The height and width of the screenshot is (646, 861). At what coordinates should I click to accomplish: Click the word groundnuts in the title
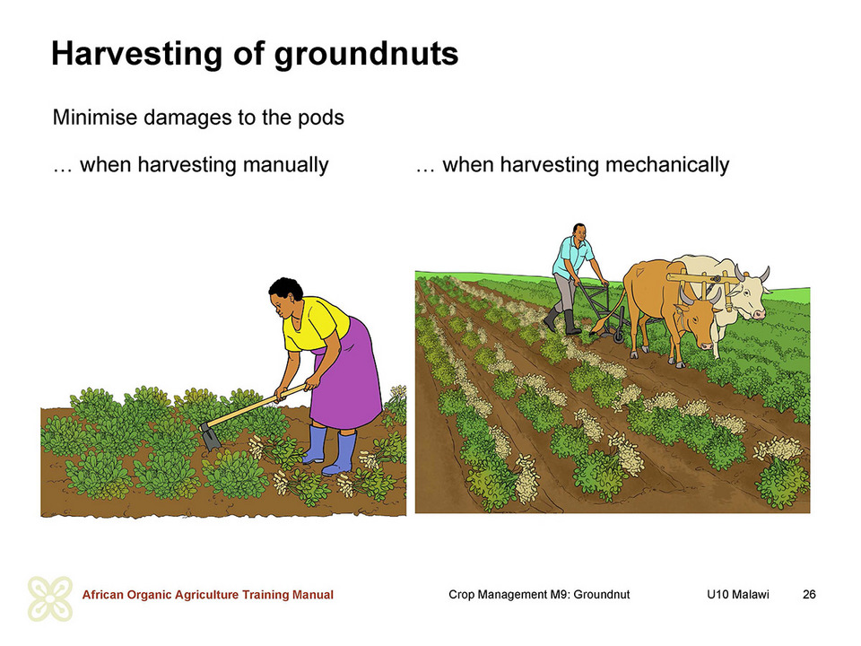366,55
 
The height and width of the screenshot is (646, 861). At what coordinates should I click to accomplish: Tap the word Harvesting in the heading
136,55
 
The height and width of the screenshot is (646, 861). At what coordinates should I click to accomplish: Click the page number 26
809,594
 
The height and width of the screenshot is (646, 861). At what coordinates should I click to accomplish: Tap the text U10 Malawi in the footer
738,594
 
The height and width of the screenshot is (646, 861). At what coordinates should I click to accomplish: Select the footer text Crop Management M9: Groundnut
539,594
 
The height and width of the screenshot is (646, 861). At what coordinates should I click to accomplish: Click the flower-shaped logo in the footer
50,598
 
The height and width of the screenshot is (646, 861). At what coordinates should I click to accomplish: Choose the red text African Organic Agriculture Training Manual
207,594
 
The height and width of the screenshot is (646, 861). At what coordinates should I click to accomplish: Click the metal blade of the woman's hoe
210,436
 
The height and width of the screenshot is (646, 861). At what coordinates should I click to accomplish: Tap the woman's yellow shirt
314,325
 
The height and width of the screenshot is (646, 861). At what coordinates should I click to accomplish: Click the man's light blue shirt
573,257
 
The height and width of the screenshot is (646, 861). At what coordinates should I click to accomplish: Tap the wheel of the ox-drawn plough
619,331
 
